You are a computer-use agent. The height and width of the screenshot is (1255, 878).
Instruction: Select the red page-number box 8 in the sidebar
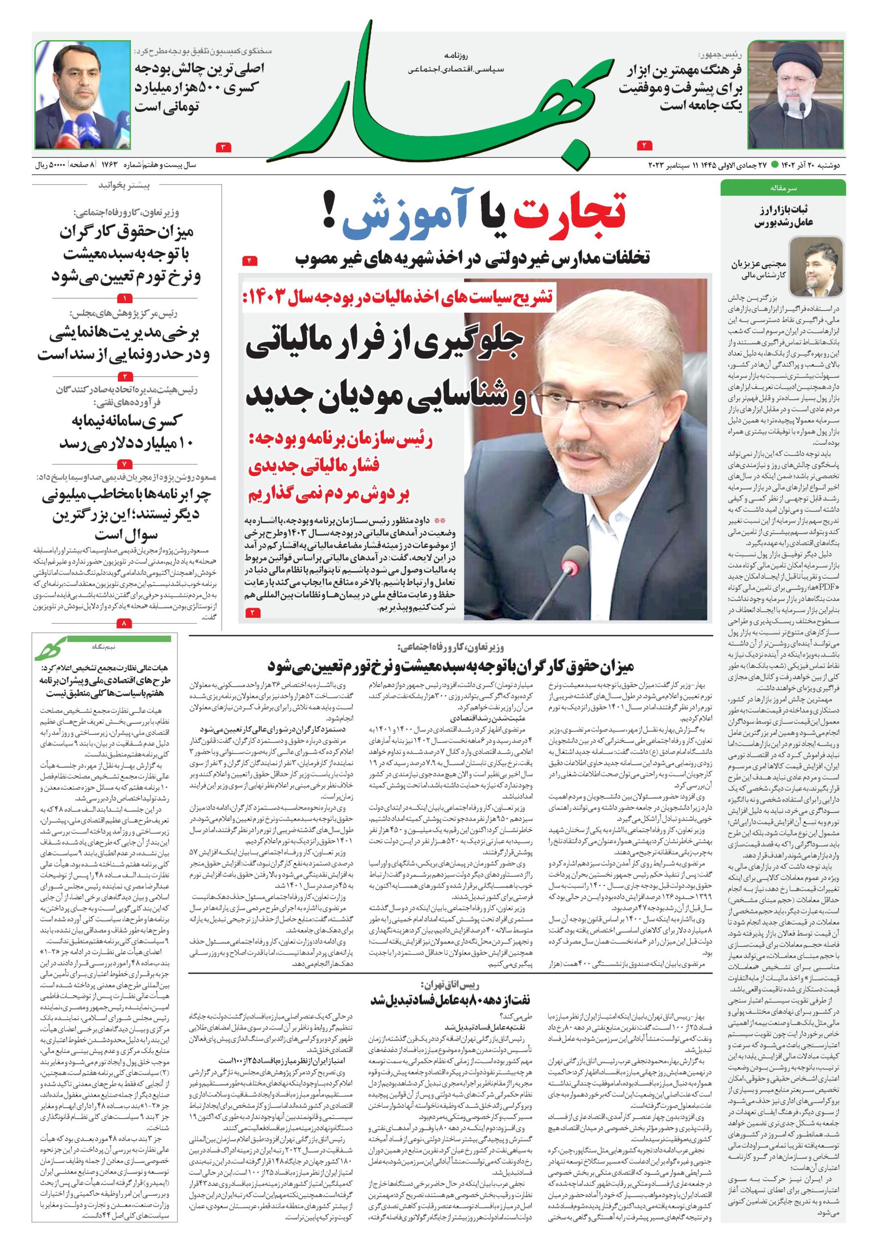pyautogui.click(x=124, y=623)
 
